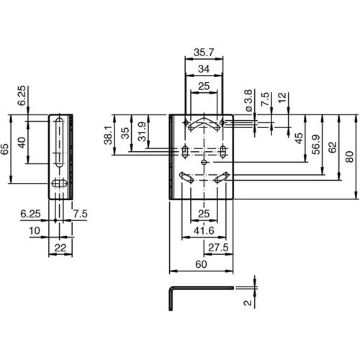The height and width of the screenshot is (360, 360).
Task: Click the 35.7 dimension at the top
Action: (203, 52)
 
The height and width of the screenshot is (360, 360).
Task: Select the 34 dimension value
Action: (204, 68)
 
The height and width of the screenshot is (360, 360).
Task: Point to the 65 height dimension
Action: (6, 149)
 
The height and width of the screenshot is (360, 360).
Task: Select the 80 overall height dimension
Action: (350, 156)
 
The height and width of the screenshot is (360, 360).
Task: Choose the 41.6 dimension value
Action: (203, 231)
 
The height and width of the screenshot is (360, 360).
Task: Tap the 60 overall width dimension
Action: (203, 266)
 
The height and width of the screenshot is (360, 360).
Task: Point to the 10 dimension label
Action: (34, 231)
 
